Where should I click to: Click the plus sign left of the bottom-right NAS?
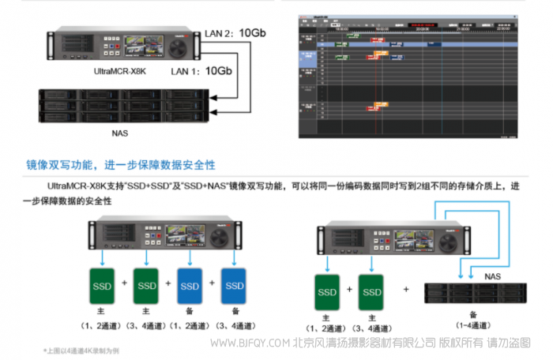click(x=406, y=289)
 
